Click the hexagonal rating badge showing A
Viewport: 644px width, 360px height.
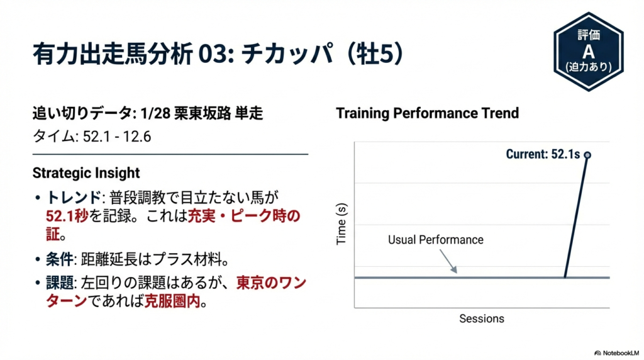point(589,52)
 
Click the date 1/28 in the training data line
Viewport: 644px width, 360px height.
point(155,113)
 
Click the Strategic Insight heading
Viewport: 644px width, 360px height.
point(86,173)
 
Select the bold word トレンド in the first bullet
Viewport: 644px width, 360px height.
point(74,198)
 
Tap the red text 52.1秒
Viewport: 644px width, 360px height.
point(67,216)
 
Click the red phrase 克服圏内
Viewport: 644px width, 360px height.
point(172,301)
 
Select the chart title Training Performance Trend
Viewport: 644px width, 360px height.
point(428,113)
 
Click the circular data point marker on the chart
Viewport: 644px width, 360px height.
point(588,155)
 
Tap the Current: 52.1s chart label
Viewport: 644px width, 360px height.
point(543,154)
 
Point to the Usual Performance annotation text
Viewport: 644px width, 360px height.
point(436,240)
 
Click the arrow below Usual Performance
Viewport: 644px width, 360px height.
point(448,261)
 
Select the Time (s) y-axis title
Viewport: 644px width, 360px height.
point(341,224)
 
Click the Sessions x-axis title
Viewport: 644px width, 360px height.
point(482,318)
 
